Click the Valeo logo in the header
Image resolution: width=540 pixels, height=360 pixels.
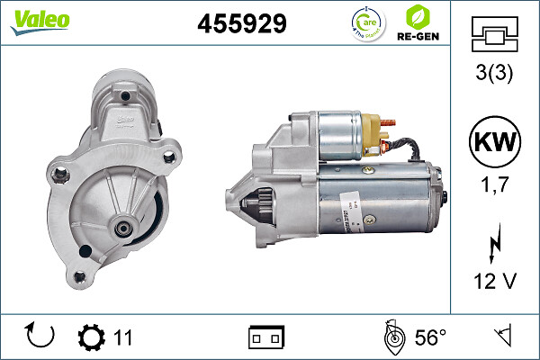point(40,21)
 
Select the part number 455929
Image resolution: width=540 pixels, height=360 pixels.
point(241,23)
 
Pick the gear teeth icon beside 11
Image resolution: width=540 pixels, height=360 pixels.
point(92,337)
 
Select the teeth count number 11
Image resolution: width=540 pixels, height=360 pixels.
point(123,337)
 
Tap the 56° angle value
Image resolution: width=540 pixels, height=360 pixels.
point(430,337)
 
